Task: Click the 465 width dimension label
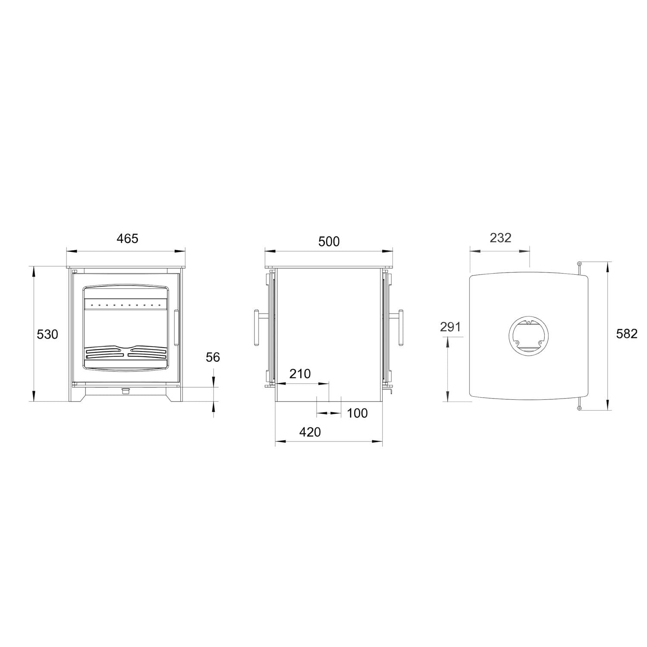(128, 239)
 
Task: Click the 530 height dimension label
(47, 334)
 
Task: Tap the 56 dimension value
(213, 357)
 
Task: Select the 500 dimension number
(329, 242)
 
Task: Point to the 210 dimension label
(300, 374)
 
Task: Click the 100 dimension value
(357, 413)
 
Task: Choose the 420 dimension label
(310, 432)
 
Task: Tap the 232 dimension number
(500, 238)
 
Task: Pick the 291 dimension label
(450, 327)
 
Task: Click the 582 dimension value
(627, 334)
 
